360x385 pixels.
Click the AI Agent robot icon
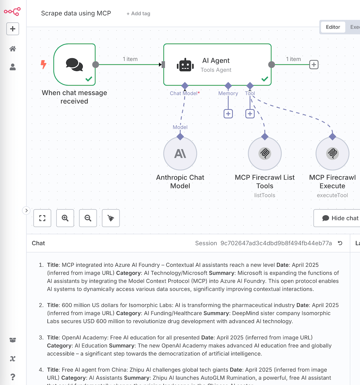[185, 65]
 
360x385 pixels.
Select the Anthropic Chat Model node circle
[180, 153]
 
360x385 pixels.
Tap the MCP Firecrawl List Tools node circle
[265, 153]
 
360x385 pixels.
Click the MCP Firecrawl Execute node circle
[332, 153]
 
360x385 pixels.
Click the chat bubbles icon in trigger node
[75, 65]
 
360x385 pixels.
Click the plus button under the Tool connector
[250, 114]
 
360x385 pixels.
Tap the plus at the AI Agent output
[314, 64]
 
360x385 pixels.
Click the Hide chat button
[340, 218]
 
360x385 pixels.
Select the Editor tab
[333, 27]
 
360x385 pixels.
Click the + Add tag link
[138, 13]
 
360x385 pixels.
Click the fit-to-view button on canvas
[43, 218]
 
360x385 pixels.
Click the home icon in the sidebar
[13, 49]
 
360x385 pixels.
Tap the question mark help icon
[13, 377]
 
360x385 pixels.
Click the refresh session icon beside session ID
[340, 243]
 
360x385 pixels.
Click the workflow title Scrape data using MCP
[76, 13]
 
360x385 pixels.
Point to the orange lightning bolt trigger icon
[44, 64]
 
